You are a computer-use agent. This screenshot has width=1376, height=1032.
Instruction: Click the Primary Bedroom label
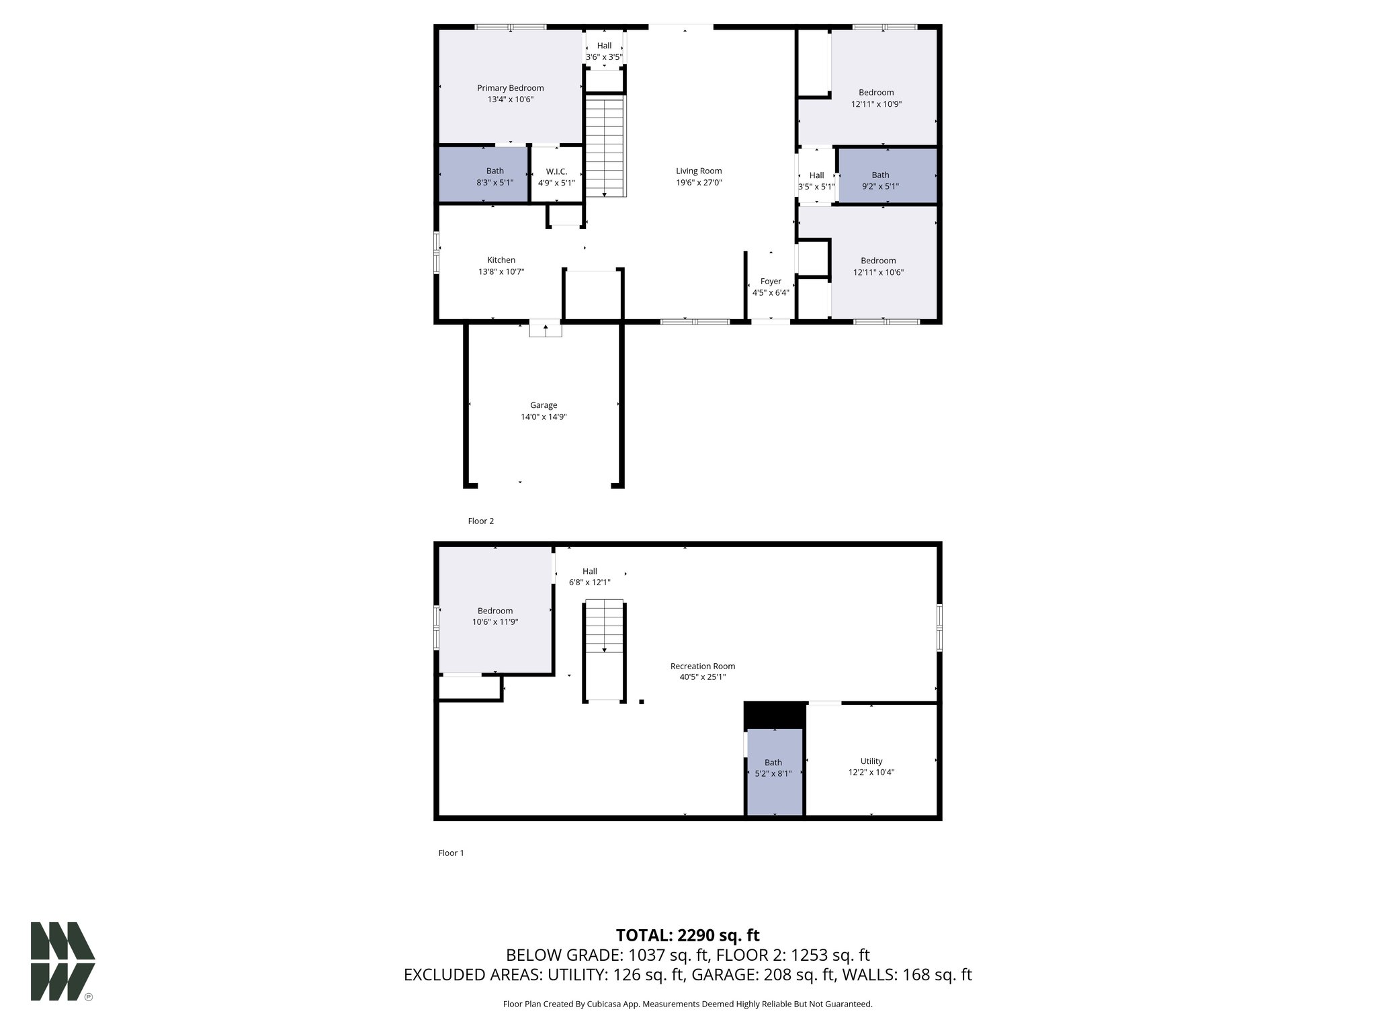[510, 88]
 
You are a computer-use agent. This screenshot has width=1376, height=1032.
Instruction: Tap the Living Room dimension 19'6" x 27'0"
[699, 183]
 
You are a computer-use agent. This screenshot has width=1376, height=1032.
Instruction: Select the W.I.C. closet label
[556, 171]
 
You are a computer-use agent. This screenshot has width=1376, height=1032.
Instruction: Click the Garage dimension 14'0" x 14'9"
[544, 417]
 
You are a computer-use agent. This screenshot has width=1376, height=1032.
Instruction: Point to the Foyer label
[771, 282]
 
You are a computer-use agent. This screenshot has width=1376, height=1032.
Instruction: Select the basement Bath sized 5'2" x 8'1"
[773, 773]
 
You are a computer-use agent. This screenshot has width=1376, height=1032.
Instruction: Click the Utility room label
[871, 761]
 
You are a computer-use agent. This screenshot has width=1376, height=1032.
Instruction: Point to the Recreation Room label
[703, 666]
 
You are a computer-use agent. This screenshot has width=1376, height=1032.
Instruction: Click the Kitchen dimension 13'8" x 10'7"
[501, 272]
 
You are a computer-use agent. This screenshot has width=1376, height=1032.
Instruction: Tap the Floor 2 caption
[481, 521]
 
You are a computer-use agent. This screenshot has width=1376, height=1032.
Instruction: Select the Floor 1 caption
[451, 853]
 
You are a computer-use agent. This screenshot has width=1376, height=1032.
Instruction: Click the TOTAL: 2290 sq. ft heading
[687, 935]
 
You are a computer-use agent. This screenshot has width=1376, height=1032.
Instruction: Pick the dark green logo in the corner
[62, 961]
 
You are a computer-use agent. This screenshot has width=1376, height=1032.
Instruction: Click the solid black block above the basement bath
[775, 715]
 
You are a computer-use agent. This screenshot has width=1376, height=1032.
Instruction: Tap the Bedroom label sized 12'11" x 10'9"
[876, 93]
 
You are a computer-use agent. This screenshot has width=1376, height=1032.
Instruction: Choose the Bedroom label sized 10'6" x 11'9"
[495, 611]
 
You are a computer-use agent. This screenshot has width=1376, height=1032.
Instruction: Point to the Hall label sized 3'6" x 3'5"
[604, 46]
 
